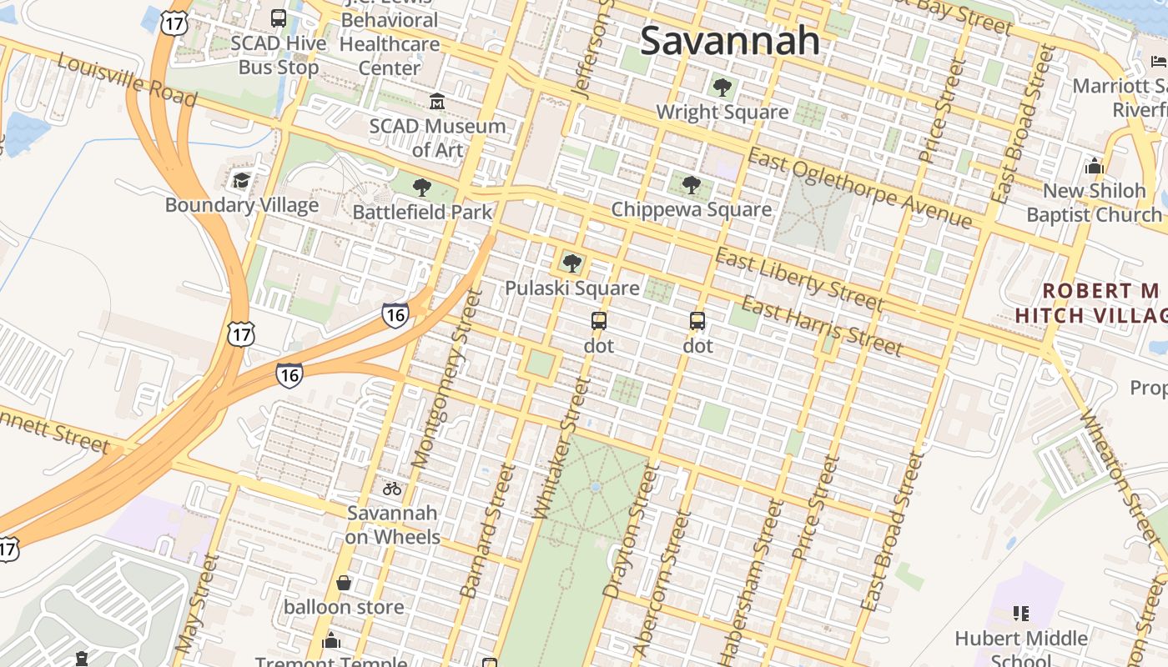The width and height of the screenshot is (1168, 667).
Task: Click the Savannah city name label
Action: coord(730,40)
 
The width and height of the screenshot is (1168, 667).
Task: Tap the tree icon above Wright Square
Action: coord(722,87)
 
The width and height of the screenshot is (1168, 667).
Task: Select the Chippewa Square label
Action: coord(691,209)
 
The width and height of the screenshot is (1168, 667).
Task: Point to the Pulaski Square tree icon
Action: coord(571,264)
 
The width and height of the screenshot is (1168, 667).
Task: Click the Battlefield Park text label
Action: coord(422,212)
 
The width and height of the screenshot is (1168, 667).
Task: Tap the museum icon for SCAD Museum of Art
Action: coord(436,102)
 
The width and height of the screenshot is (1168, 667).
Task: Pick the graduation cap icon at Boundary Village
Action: coord(241,180)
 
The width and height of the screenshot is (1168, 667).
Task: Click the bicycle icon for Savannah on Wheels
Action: coord(392,489)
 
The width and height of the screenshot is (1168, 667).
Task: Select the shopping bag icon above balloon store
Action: coord(343,583)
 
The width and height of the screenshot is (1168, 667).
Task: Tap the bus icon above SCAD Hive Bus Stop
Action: coord(279,18)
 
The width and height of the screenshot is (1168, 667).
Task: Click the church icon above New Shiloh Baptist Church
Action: coord(1094,166)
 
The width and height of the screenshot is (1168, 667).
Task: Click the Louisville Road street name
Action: coord(127,82)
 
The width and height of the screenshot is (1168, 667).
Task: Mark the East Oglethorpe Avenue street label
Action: coord(859,188)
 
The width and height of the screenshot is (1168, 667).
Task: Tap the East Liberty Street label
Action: coord(798,279)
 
